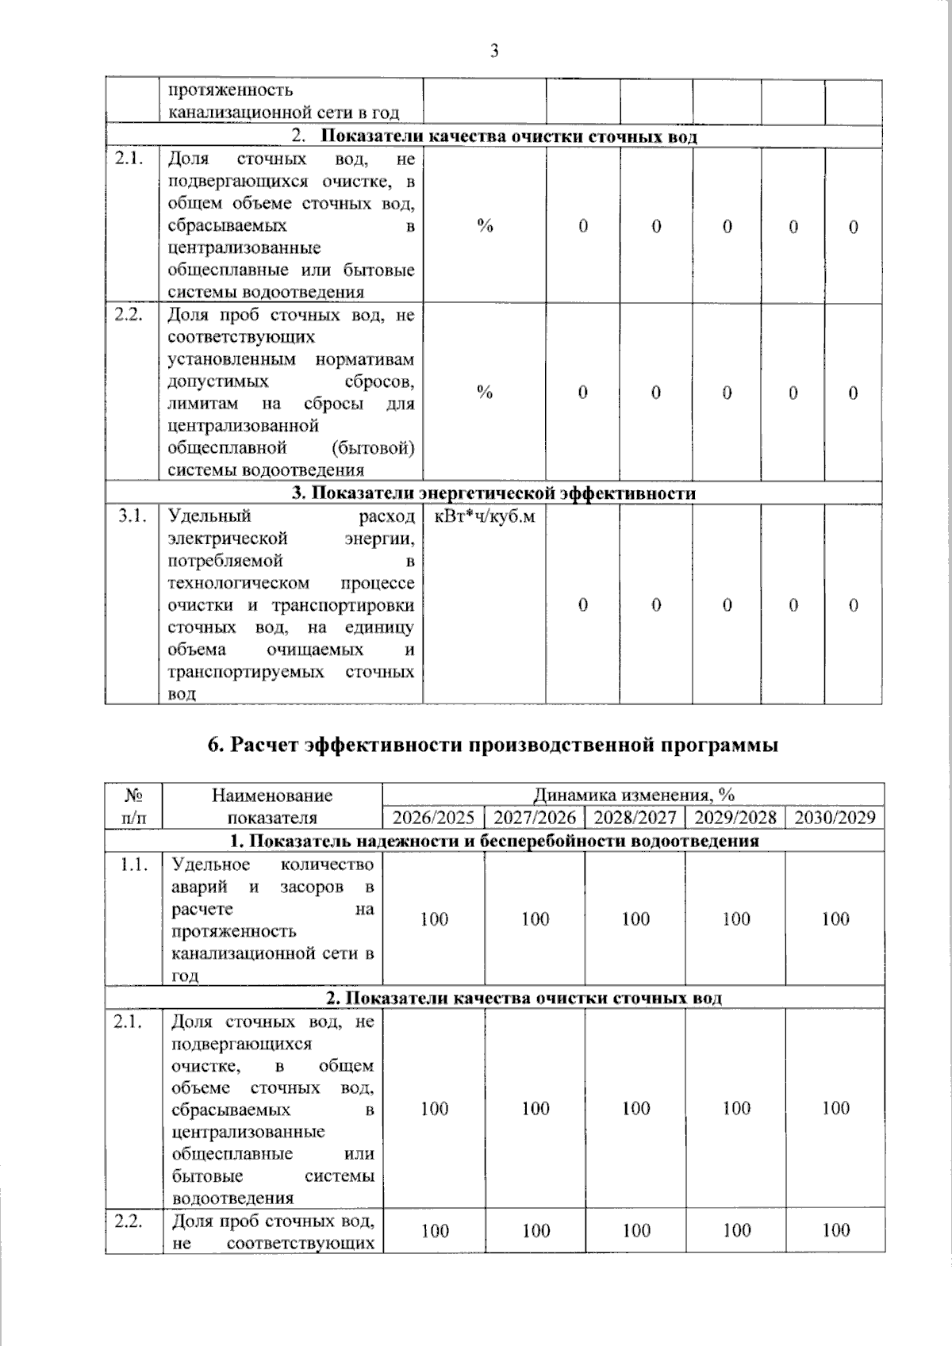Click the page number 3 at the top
[494, 52]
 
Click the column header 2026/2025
[433, 818]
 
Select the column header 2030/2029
[835, 818]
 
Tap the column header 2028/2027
[635, 818]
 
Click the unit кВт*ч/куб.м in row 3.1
[485, 517]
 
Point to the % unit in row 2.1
[485, 226]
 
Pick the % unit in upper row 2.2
[485, 393]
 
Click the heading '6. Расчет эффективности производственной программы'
[493, 746]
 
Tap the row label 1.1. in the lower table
[133, 865]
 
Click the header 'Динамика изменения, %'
[633, 795]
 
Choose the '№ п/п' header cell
[134, 806]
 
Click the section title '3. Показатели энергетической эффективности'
[493, 493]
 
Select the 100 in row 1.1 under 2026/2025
[434, 919]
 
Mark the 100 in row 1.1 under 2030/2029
[835, 919]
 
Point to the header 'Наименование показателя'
[272, 806]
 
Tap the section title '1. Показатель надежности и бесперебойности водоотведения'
[493, 841]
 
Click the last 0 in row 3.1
[854, 605]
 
